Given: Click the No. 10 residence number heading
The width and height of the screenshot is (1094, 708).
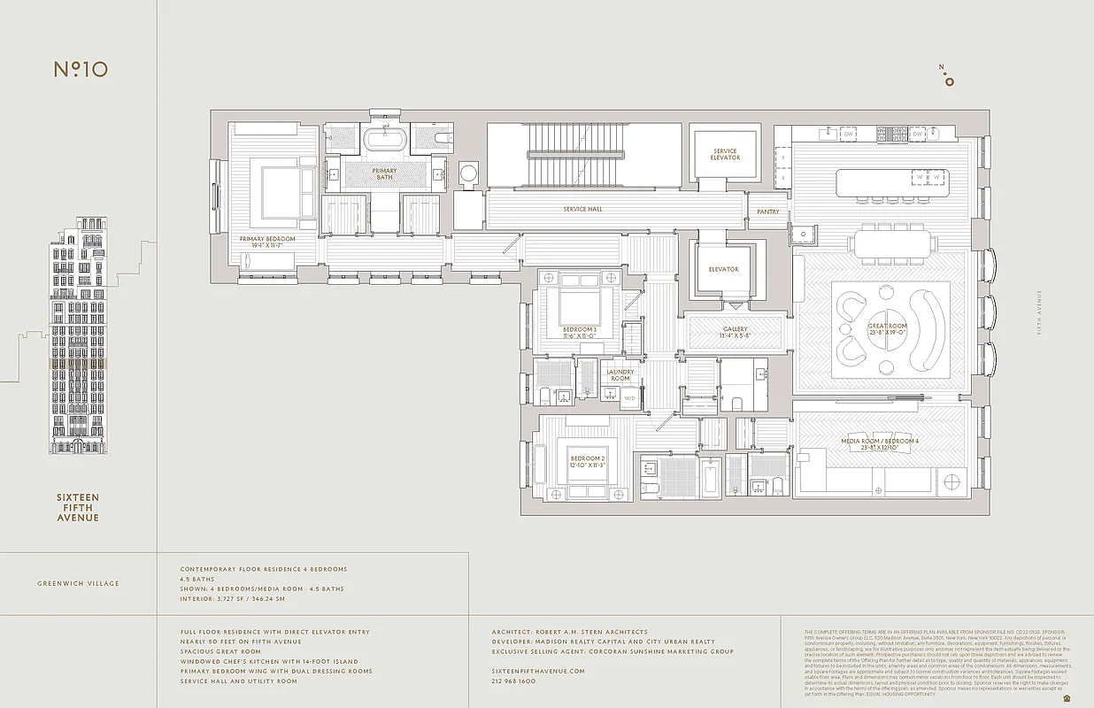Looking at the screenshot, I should [81, 69].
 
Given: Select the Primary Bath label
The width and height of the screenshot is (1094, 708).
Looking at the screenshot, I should [384, 173].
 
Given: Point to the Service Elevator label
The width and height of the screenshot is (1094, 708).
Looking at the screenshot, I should [725, 155].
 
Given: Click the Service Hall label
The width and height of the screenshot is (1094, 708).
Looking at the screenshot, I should [582, 210].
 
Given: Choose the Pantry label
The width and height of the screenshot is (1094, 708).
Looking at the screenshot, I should [767, 212].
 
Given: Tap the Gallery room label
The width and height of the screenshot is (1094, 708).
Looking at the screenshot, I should [735, 332].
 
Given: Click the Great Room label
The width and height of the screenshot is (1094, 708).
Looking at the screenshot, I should [887, 329].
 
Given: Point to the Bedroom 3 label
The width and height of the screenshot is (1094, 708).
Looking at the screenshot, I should [580, 333].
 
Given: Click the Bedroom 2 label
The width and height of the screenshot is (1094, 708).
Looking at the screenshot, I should [585, 462].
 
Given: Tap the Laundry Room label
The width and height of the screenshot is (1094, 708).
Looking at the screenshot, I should [620, 375].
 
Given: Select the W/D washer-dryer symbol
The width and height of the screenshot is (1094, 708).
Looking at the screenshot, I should [630, 398].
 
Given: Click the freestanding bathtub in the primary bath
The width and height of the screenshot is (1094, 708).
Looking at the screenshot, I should [385, 140].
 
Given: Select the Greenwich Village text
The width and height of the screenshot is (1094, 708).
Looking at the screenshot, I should [78, 583].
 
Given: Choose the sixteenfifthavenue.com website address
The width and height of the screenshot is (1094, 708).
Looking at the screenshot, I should [538, 672].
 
